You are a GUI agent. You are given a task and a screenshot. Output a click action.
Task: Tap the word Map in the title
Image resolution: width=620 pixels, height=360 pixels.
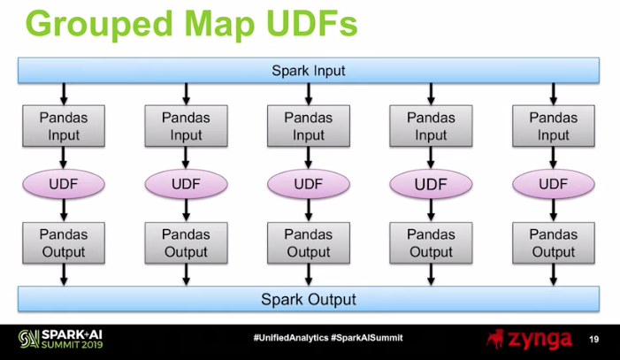click(219, 26)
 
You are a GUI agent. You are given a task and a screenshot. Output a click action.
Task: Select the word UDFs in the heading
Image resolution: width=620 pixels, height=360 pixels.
click(311, 24)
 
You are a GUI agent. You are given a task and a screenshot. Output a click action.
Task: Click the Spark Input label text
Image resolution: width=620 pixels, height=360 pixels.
click(309, 71)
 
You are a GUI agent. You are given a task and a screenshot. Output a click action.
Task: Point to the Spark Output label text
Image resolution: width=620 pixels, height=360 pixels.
click(309, 300)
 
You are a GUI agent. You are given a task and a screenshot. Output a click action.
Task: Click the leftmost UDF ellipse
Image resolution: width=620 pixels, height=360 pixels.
click(64, 184)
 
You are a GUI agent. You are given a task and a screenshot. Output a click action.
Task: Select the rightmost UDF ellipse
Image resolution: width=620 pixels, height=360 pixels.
click(553, 184)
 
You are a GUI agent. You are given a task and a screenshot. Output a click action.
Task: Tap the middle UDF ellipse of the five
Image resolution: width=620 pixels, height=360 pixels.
click(309, 184)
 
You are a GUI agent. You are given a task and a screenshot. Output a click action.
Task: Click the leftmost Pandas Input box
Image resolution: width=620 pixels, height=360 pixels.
click(64, 126)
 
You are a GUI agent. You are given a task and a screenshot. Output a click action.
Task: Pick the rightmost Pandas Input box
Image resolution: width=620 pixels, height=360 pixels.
click(553, 126)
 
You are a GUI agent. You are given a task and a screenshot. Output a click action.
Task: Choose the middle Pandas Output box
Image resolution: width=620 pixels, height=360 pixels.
click(309, 243)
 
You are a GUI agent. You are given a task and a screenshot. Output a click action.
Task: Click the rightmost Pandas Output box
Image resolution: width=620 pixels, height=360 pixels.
click(553, 243)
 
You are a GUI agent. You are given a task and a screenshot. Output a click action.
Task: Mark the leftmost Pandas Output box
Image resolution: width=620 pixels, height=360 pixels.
click(64, 243)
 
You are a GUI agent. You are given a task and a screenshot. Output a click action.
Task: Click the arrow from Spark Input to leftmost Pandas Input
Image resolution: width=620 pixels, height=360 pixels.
click(64, 94)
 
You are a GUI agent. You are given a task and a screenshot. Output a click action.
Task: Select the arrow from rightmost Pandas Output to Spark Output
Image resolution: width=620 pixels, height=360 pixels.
click(553, 274)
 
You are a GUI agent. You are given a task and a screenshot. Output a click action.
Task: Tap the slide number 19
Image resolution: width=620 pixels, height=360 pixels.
click(593, 339)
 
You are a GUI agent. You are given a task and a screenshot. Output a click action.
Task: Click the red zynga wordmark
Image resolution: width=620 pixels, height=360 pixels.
click(540, 340)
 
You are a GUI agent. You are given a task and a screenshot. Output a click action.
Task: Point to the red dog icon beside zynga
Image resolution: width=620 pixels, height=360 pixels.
click(495, 339)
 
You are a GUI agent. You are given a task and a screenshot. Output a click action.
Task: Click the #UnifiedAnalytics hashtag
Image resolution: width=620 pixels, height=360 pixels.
click(291, 338)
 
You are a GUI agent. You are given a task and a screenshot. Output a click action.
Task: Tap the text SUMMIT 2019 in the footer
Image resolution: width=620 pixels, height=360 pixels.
click(72, 345)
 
